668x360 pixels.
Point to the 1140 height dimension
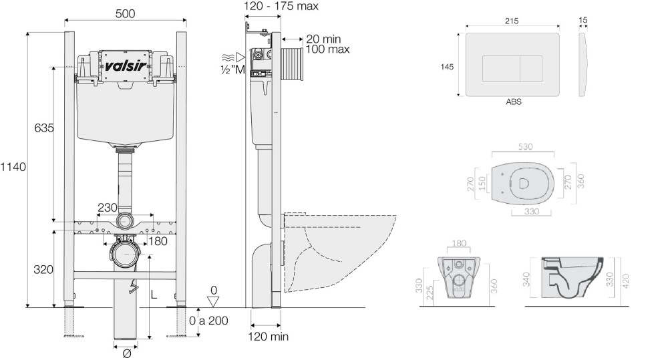click(x=13, y=166)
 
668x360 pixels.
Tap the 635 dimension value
click(x=43, y=127)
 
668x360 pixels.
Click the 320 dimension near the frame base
click(x=43, y=269)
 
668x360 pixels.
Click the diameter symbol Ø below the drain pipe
click(x=126, y=353)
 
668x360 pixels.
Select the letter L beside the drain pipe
click(x=154, y=295)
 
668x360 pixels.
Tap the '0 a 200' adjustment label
click(x=208, y=320)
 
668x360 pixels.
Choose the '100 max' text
click(x=327, y=49)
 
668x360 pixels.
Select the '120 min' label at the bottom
click(x=269, y=337)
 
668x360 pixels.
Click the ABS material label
click(x=513, y=102)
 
